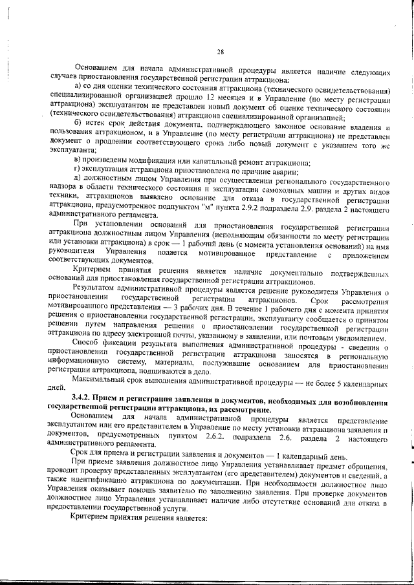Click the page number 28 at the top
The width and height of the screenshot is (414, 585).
[221, 52]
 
